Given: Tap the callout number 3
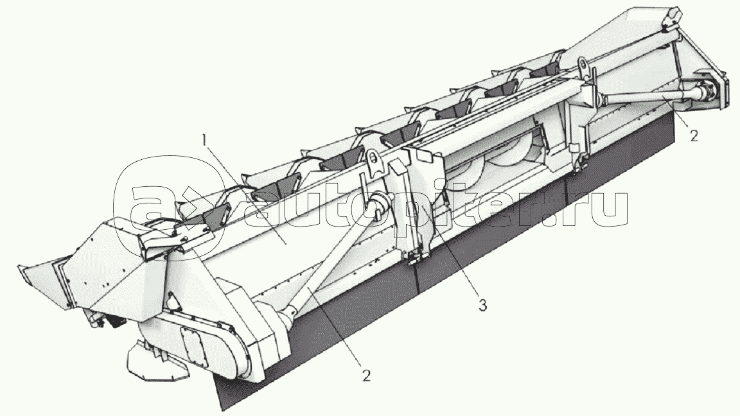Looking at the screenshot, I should pyautogui.click(x=482, y=306).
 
